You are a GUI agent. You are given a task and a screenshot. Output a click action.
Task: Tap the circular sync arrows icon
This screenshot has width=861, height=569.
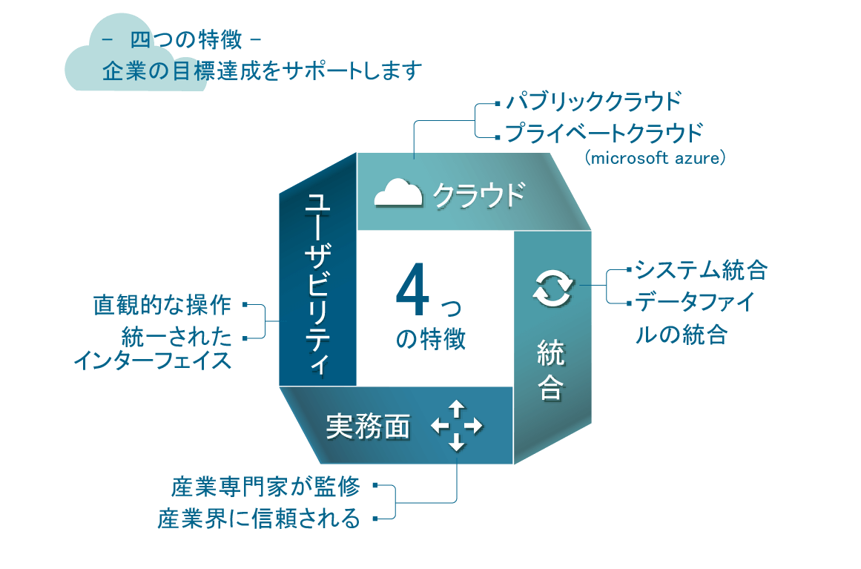coord(552,288)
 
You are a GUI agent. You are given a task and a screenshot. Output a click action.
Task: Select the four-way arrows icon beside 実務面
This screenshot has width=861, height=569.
coord(456,426)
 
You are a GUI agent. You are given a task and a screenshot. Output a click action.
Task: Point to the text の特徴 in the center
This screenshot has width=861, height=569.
coord(431,338)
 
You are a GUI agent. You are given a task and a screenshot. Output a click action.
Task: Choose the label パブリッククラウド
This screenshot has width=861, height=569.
coord(592,100)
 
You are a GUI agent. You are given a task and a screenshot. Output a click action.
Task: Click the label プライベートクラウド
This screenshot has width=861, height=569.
coord(603,134)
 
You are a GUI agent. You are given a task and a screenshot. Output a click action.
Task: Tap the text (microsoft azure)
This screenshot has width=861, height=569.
coord(653,159)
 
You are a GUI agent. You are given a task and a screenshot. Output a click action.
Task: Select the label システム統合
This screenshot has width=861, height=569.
coord(701,270)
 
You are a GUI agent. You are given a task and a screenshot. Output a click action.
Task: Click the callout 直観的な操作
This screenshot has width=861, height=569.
coord(162,305)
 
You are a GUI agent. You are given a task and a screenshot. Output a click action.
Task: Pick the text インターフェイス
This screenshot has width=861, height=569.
coord(152,361)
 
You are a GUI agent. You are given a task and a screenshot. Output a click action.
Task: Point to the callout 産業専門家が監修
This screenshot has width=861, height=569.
coord(265,487)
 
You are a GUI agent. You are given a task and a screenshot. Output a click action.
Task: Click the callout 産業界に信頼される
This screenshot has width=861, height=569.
coord(259,519)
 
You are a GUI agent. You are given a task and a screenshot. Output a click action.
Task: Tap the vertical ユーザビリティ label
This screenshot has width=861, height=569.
coord(317,283)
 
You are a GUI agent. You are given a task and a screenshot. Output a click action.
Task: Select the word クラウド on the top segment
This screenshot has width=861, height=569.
coord(478,194)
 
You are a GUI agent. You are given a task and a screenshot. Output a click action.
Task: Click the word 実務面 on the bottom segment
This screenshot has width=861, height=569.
coord(368,427)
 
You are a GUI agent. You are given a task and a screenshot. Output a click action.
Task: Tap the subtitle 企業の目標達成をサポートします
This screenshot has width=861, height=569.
coord(263,71)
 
